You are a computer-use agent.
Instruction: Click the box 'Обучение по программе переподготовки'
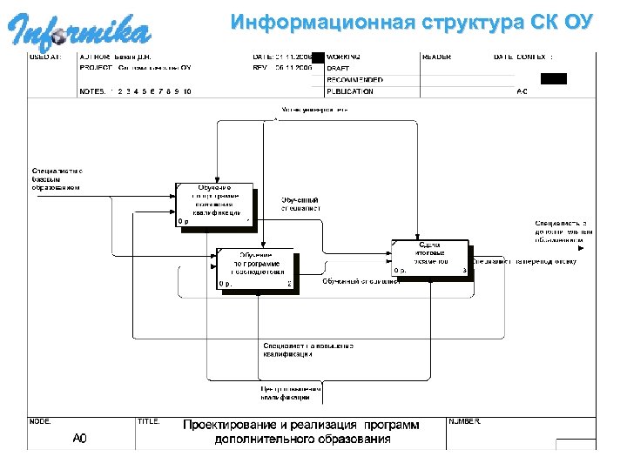(256, 270)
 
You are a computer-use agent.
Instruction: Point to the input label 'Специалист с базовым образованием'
(57, 178)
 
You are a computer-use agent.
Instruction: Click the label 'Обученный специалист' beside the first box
(300, 204)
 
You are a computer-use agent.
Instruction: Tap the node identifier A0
(79, 438)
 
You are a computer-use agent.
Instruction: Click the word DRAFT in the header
(339, 68)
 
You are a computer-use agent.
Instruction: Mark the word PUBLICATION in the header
(350, 91)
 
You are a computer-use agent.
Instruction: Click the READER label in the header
(436, 57)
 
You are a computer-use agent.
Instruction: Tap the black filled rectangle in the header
(553, 78)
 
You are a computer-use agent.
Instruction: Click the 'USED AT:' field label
(46, 57)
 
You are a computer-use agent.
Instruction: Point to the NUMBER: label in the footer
(464, 421)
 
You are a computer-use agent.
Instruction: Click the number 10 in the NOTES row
(186, 91)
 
